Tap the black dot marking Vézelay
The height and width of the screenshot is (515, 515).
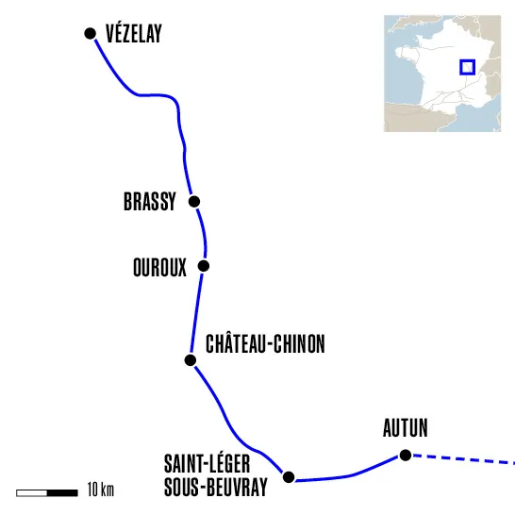pyautogui.click(x=91, y=33)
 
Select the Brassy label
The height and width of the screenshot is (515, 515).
pyautogui.click(x=150, y=202)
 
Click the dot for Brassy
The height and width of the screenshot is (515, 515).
pyautogui.click(x=194, y=201)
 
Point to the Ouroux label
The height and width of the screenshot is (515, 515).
pyautogui.click(x=160, y=267)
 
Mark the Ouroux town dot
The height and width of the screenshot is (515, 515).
pyautogui.click(x=203, y=265)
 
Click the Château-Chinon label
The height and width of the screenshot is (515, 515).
pyautogui.click(x=265, y=344)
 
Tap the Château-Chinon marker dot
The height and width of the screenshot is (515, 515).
pyautogui.click(x=190, y=360)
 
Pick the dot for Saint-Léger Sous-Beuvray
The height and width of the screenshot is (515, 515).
pyautogui.click(x=290, y=476)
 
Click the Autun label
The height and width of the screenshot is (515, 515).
pyautogui.click(x=406, y=430)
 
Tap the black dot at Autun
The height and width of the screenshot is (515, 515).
pyautogui.click(x=406, y=456)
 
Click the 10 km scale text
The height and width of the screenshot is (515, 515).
pyautogui.click(x=100, y=491)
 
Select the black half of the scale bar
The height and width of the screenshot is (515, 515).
pyautogui.click(x=62, y=491)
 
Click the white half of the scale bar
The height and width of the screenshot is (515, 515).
pyautogui.click(x=32, y=491)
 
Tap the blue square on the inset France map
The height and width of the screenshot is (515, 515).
pyautogui.click(x=466, y=67)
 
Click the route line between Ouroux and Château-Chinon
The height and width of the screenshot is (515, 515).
pyautogui.click(x=197, y=311)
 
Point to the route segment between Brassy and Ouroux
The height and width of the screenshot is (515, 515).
pyautogui.click(x=200, y=233)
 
